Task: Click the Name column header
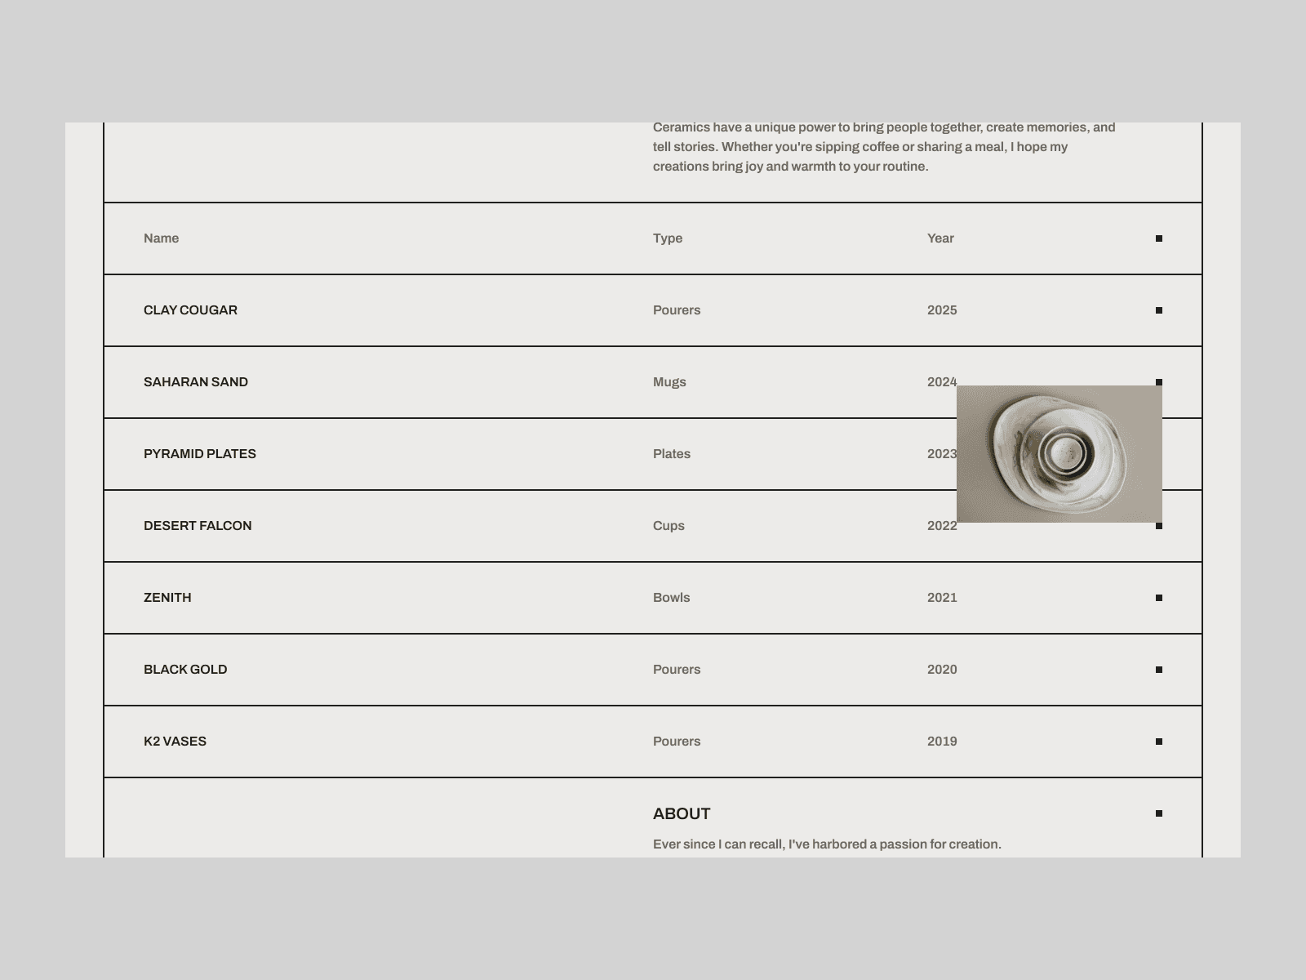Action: click(x=161, y=238)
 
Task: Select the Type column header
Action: click(x=667, y=238)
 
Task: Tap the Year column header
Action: click(x=940, y=238)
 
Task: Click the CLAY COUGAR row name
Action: click(x=190, y=310)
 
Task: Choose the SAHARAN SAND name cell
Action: click(x=195, y=382)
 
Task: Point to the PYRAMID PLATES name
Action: click(x=199, y=454)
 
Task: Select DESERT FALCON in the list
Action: click(x=197, y=526)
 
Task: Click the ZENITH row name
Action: click(x=167, y=598)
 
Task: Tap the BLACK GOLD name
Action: click(x=185, y=670)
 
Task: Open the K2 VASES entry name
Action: click(x=175, y=742)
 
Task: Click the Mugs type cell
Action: click(x=669, y=382)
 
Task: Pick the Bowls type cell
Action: click(x=671, y=598)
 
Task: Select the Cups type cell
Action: click(x=669, y=526)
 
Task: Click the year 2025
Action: click(x=942, y=310)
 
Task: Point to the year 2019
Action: click(x=942, y=742)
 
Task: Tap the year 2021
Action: click(x=942, y=598)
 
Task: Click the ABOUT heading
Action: click(x=682, y=813)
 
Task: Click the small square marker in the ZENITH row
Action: click(x=1159, y=598)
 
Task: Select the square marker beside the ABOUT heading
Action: click(x=1159, y=813)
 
